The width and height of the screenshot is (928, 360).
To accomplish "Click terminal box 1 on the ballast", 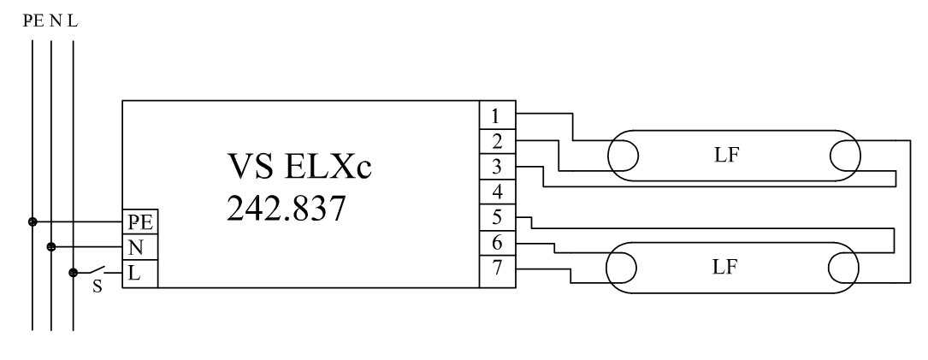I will pos(496,115).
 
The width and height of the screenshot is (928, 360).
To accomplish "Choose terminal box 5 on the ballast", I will pos(496,216).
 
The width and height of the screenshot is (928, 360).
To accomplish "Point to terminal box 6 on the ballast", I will pos(496,242).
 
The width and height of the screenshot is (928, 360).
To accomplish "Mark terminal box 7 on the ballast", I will pos(496,268).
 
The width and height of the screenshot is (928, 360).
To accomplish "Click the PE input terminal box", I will pos(139,221).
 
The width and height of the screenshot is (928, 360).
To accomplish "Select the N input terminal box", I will pos(139,247).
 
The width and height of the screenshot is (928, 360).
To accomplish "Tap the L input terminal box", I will pos(139,274).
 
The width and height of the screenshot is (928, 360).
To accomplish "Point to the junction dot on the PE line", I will pos(33,221).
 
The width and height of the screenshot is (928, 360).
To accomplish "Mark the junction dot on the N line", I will pos(51,247).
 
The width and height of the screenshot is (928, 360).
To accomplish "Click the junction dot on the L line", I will pos(73,274).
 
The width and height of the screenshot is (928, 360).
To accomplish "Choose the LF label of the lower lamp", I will pos(725,266).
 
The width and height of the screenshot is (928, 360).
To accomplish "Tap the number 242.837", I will pos(287,208).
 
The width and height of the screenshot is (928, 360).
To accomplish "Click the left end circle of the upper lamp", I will pos(623,156).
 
